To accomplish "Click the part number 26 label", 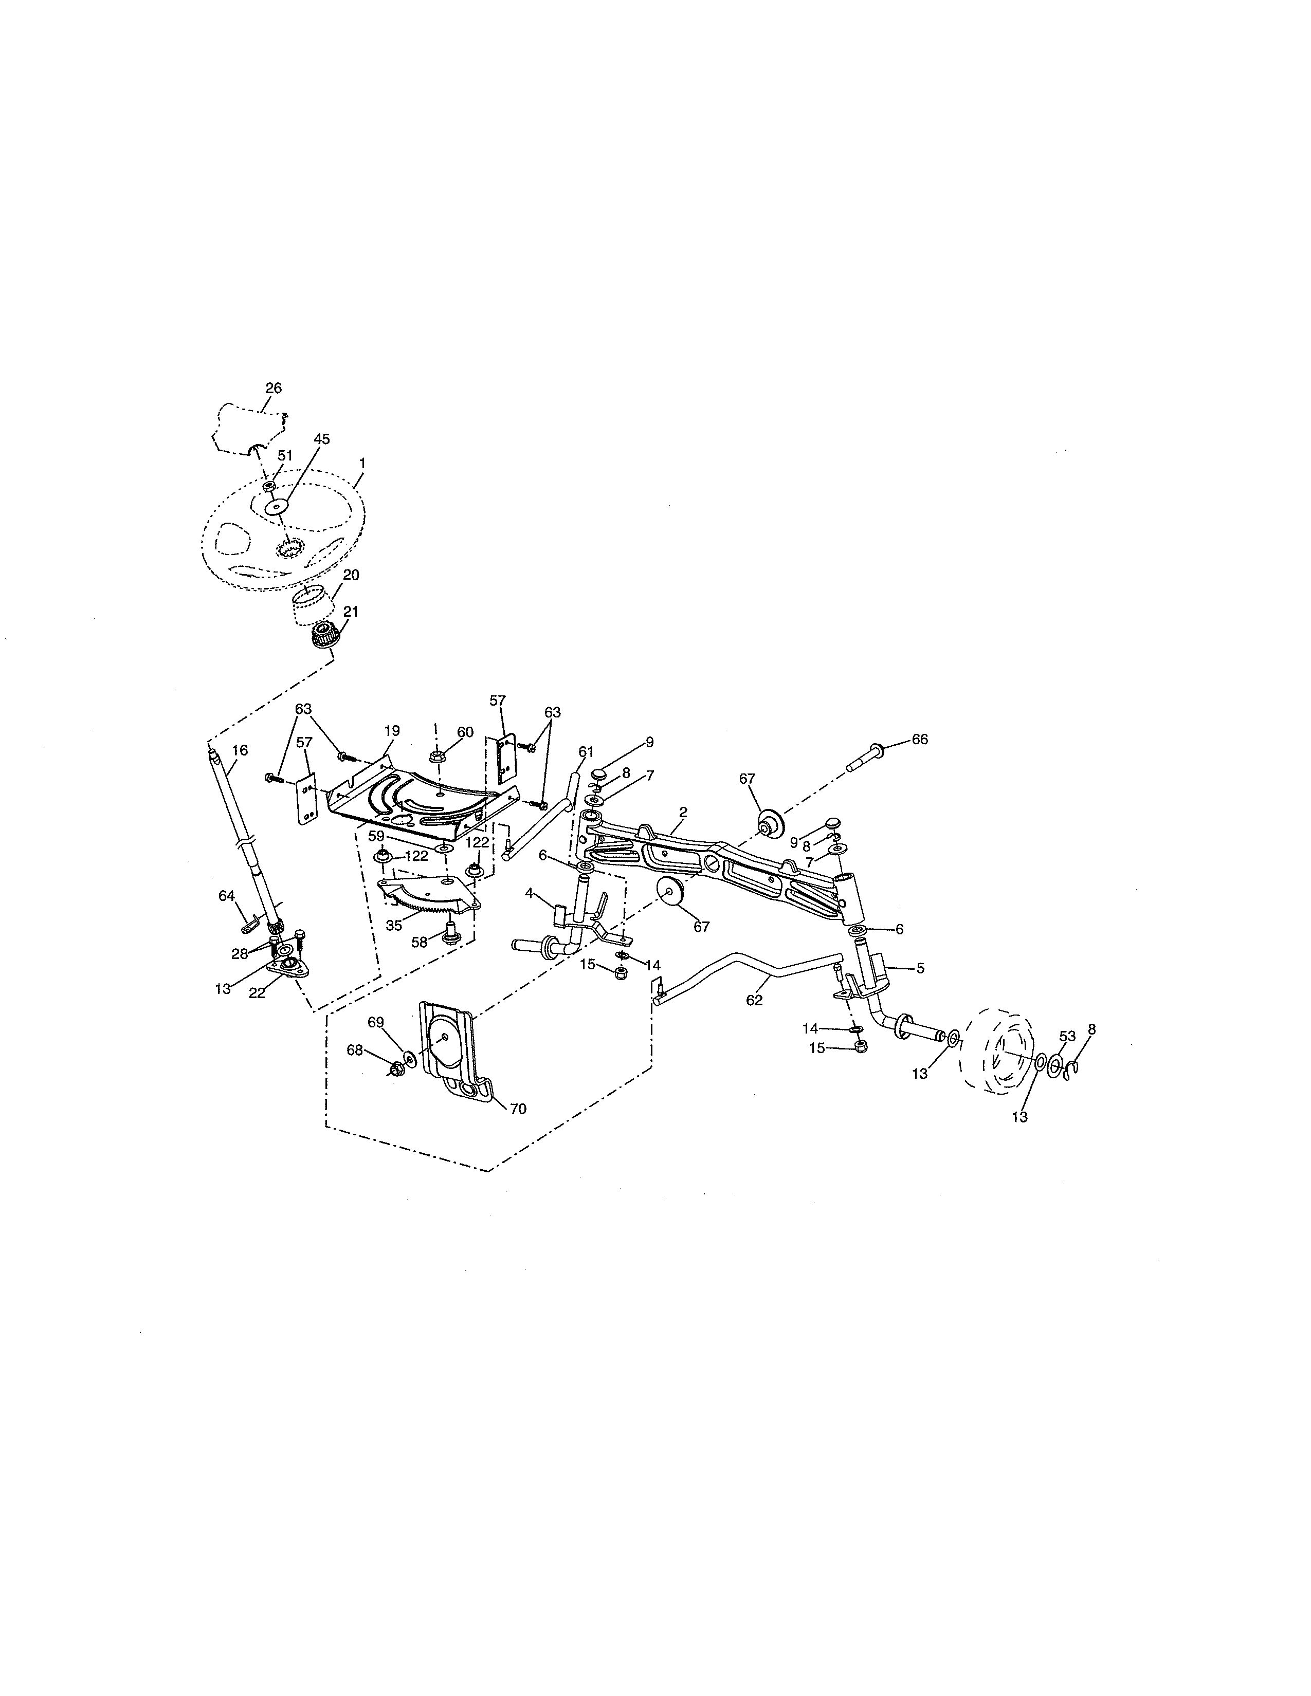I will click(x=274, y=388).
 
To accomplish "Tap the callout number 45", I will click(x=321, y=439).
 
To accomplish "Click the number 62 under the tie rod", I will click(x=754, y=1000).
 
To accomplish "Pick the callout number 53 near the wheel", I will click(x=1067, y=1037).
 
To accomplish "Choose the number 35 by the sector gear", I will click(x=394, y=926).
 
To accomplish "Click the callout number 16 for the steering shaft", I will click(x=240, y=750).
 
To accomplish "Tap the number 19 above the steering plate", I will click(x=391, y=731).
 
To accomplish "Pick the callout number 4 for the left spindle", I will click(x=529, y=893).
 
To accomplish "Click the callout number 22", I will click(x=257, y=994).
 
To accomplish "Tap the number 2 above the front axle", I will click(x=683, y=812).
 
